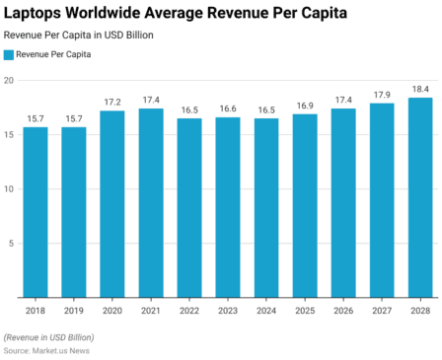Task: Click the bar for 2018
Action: click(36, 211)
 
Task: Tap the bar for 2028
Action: click(420, 196)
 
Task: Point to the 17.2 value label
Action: click(112, 102)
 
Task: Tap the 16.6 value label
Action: click(228, 108)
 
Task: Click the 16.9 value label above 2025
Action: click(305, 106)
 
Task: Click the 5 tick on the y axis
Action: click(10, 243)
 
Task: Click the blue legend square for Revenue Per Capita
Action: click(9, 54)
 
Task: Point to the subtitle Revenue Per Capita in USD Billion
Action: click(78, 35)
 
